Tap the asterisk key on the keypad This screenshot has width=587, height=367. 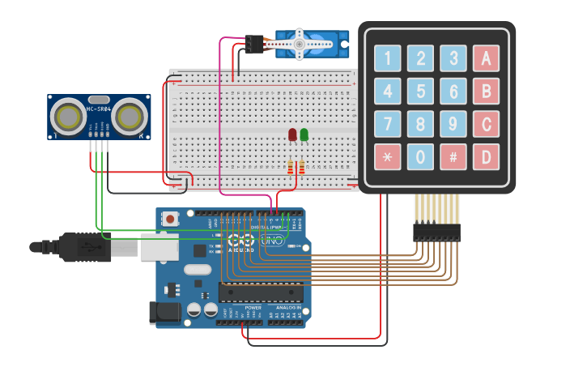click(x=387, y=156)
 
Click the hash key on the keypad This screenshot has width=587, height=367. click(x=453, y=156)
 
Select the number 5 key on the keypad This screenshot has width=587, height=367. click(x=420, y=91)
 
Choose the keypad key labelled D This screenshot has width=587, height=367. click(x=486, y=156)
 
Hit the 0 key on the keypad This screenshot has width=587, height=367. click(x=420, y=156)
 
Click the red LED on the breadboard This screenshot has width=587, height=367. click(x=292, y=134)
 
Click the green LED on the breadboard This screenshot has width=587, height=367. click(x=304, y=134)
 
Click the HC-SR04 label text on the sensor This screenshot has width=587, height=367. click(x=98, y=109)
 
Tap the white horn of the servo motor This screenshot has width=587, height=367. click(x=299, y=42)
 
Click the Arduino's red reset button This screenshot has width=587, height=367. click(x=171, y=219)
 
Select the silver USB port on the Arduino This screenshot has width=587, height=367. click(x=159, y=246)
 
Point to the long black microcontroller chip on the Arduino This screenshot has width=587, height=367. click(x=261, y=292)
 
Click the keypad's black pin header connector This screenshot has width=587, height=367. click(x=436, y=232)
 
